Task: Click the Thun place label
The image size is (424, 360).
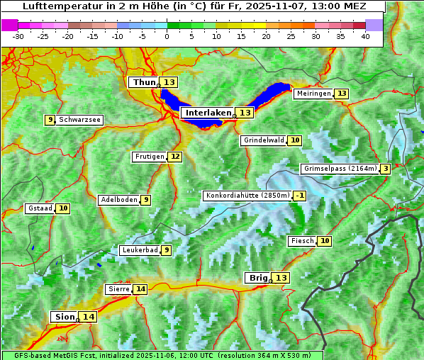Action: [x=144, y=83]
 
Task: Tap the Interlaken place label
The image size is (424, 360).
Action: [x=208, y=113]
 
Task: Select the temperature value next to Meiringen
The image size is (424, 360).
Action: [x=342, y=94]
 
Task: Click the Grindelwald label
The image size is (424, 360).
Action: [x=264, y=140]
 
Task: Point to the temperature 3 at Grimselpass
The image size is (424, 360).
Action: [x=385, y=169]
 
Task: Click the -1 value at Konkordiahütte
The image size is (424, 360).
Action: [x=300, y=196]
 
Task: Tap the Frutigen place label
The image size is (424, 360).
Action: [x=149, y=157]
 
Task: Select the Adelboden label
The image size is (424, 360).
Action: [x=118, y=200]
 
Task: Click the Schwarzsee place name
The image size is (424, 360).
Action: [x=79, y=120]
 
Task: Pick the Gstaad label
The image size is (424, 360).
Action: [x=40, y=208]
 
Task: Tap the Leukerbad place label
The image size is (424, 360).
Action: [x=139, y=250]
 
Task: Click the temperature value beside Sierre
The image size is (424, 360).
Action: [x=140, y=289]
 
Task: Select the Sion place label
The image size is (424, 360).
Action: [x=63, y=317]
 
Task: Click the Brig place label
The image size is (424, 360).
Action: [x=257, y=278]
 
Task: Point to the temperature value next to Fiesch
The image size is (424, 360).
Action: [x=325, y=241]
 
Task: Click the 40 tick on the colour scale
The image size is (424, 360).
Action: [x=365, y=35]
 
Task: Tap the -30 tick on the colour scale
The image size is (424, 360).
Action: [x=18, y=35]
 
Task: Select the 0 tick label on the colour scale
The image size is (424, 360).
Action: [x=167, y=35]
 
